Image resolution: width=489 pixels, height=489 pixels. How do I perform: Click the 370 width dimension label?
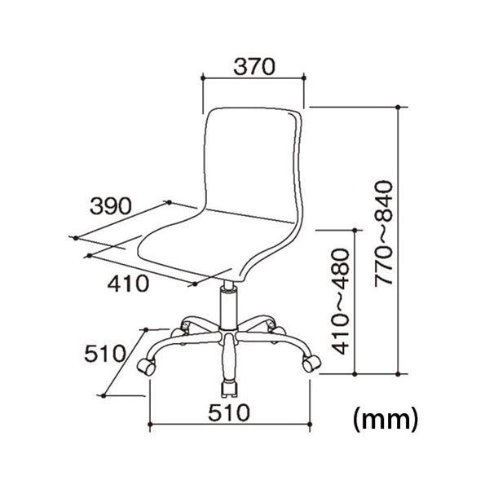click(254, 67)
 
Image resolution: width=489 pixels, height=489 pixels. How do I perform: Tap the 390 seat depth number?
click(111, 206)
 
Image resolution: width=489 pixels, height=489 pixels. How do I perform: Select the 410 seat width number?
click(128, 284)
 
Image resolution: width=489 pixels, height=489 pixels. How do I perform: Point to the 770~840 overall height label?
click(383, 233)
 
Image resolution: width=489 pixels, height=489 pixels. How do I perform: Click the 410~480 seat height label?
click(340, 302)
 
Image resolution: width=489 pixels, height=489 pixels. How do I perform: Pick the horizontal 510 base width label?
click(229, 412)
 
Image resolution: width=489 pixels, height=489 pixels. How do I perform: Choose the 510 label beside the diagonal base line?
click(105, 354)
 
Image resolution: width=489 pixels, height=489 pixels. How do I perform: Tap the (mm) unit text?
click(385, 420)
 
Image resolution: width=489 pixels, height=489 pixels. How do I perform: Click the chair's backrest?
click(252, 162)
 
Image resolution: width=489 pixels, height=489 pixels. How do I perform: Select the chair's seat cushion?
click(215, 243)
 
